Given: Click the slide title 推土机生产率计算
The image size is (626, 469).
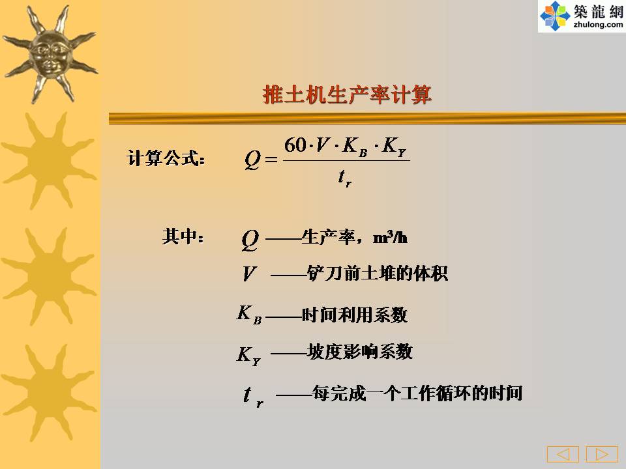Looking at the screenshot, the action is click(347, 95).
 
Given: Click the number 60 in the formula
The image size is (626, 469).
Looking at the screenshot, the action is click(295, 145).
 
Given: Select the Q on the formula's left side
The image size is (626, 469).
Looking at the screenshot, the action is click(252, 160).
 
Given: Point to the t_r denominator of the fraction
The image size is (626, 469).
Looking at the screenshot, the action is click(344, 177).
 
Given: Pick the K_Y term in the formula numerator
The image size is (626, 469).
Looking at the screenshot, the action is click(394, 147).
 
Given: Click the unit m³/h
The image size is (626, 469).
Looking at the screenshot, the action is click(390, 237).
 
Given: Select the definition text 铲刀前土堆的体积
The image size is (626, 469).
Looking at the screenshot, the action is click(378, 273).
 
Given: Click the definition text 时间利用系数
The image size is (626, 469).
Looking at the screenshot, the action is click(355, 315).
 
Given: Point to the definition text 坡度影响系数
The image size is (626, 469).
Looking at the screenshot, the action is click(360, 351).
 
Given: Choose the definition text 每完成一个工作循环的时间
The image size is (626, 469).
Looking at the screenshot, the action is click(417, 393).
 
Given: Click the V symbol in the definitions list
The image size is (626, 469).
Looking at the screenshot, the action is click(248, 274).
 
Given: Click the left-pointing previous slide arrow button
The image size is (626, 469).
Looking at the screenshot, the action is click(563, 454).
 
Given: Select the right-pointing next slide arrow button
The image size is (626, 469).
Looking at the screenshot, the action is click(602, 454).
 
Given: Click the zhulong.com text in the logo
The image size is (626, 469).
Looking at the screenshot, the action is click(598, 24).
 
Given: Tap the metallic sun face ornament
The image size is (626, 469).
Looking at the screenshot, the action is click(50, 55).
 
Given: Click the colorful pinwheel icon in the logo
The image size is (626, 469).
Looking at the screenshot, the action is click(555, 16).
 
